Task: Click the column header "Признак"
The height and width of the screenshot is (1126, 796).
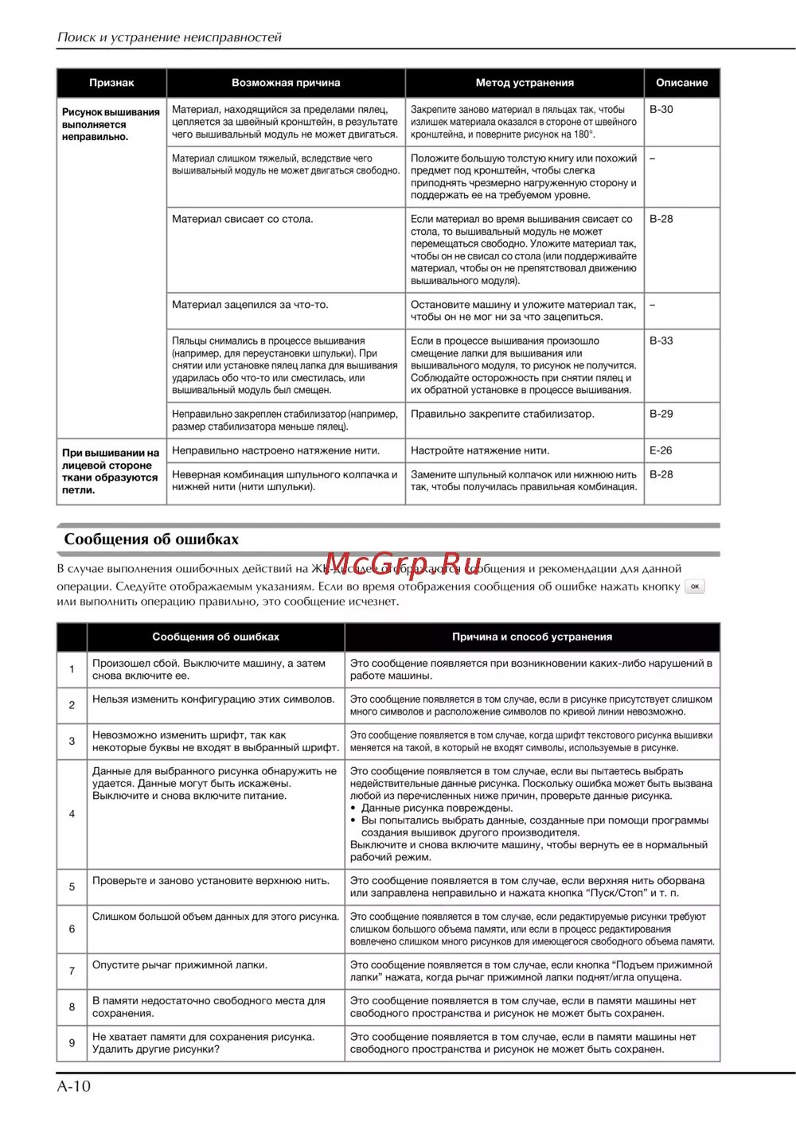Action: coord(111,83)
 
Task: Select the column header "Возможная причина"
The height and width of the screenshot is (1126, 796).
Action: coord(286,83)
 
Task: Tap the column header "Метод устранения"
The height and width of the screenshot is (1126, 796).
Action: coord(525,83)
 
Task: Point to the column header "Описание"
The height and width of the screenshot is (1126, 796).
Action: coord(681,83)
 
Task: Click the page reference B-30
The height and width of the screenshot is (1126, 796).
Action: coord(661,110)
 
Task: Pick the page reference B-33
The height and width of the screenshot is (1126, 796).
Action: coord(661,341)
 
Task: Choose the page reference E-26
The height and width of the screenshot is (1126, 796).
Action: coord(661,450)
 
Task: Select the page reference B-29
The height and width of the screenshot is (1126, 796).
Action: coord(661,414)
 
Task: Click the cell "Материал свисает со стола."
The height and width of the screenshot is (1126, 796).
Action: coord(243,219)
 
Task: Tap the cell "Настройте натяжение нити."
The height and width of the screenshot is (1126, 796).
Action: coord(480,450)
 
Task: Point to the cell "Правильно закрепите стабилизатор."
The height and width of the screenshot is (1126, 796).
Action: coord(502,414)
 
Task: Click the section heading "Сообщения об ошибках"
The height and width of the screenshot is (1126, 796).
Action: coord(151,540)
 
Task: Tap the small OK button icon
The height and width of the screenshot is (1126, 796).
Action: coord(695,586)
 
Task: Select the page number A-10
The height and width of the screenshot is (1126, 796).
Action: coord(74,1086)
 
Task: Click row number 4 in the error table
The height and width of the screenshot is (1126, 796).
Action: coord(72,814)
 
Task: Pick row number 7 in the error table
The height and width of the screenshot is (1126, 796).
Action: coord(72,971)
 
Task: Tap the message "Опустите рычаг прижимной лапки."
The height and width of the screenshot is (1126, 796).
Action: coord(180,965)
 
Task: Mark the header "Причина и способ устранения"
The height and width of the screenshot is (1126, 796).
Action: coord(532,637)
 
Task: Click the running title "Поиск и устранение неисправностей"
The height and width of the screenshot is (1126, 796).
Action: coord(170,37)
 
